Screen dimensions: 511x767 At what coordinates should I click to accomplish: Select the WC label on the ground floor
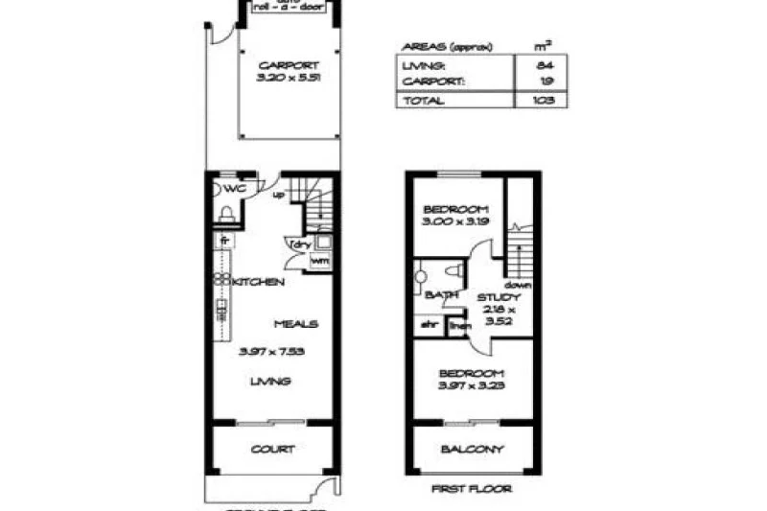235,189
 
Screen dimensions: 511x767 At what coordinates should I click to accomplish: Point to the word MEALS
295,324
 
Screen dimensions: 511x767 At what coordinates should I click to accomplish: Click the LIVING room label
270,382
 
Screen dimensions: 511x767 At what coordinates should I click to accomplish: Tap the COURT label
273,449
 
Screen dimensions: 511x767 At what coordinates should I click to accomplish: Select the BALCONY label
472,450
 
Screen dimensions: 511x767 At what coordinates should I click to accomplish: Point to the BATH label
441,294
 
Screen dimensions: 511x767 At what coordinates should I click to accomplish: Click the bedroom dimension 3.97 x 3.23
471,385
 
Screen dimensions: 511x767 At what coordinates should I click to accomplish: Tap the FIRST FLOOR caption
472,489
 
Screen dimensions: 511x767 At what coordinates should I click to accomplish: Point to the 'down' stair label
521,286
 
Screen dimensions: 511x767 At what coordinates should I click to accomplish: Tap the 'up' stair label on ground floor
280,197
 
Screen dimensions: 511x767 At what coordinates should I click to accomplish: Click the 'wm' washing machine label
317,260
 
